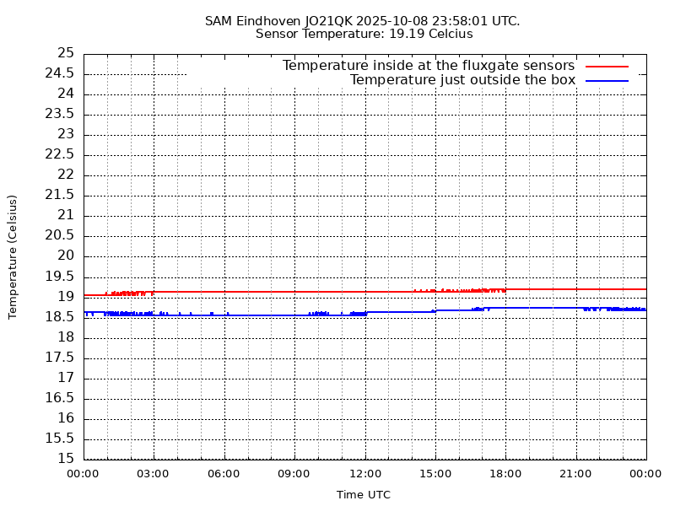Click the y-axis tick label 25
click(66, 53)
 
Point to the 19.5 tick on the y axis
click(60, 277)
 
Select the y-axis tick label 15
click(66, 459)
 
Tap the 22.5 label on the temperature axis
click(60, 154)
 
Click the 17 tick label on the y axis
click(66, 378)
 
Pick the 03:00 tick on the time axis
click(154, 474)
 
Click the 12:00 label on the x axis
click(364, 474)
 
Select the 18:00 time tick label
click(505, 474)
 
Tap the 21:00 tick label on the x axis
click(575, 474)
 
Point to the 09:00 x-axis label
click(294, 474)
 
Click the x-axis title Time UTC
click(364, 495)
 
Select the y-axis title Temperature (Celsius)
click(13, 256)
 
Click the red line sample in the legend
click(607, 66)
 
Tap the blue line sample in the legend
click(607, 80)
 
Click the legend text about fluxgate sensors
click(428, 66)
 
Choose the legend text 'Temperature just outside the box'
click(462, 80)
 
